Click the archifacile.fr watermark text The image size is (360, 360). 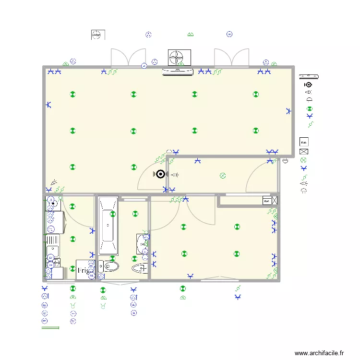(x=319, y=353)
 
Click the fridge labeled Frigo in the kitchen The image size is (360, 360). (x=85, y=270)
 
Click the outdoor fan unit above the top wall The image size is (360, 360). (x=179, y=57)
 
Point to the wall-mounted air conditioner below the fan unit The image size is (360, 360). (x=179, y=72)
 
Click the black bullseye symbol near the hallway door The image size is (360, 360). (x=161, y=175)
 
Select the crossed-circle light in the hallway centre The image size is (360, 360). (x=222, y=176)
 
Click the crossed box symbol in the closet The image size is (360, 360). (x=275, y=201)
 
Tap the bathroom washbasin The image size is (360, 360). (x=142, y=243)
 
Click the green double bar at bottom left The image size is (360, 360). (x=50, y=328)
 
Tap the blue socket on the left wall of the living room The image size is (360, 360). (x=48, y=105)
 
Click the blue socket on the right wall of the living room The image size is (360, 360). (x=288, y=111)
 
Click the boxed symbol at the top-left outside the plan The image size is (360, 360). (x=97, y=35)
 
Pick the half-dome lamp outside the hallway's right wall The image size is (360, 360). (x=286, y=161)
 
